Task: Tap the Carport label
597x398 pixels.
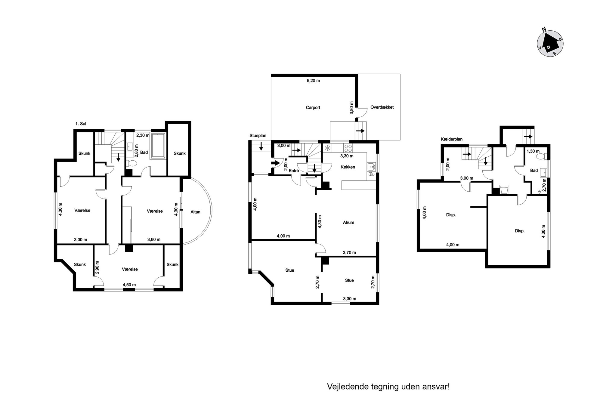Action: (x=313, y=107)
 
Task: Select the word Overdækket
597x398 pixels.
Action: (x=382, y=107)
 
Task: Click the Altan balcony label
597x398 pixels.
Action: (x=195, y=212)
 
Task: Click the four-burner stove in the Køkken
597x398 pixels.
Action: (x=348, y=148)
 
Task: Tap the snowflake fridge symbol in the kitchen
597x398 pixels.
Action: (x=327, y=148)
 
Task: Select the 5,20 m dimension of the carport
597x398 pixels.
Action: (x=313, y=81)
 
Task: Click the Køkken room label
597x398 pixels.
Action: (x=348, y=167)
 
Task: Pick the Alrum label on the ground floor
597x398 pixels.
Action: (x=348, y=223)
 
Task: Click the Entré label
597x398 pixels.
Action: (x=294, y=171)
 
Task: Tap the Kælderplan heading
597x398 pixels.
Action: (x=451, y=139)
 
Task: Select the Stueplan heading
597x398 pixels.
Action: (x=258, y=136)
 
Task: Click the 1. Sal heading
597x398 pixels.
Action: (x=81, y=124)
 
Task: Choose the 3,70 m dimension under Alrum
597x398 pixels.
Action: (x=349, y=253)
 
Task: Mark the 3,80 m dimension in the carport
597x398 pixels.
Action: (x=351, y=108)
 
